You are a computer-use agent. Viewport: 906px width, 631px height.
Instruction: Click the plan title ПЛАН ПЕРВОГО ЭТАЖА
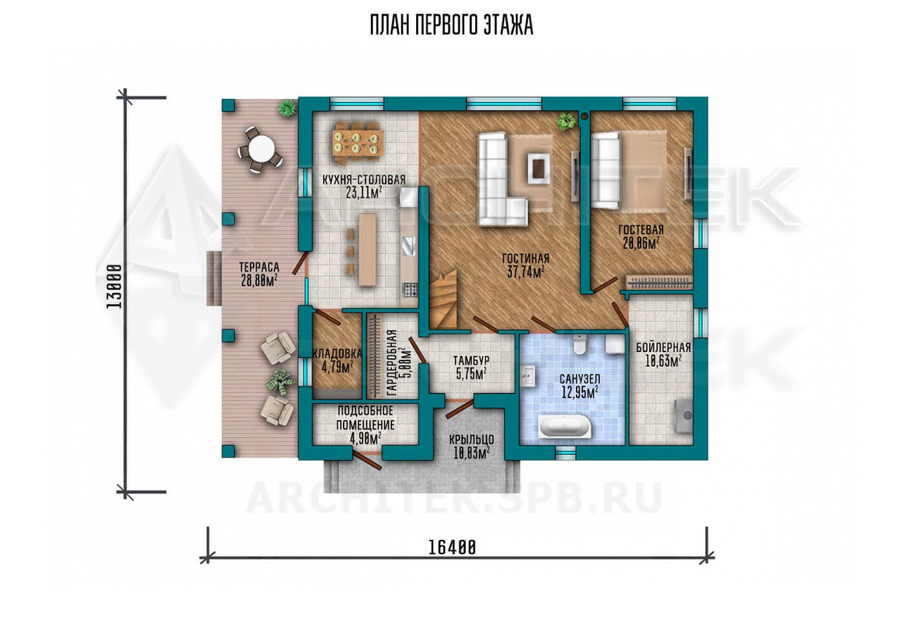click(452, 25)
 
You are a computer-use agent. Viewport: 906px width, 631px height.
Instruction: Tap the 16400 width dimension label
click(452, 548)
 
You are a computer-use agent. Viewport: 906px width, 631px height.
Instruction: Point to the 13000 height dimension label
click(114, 286)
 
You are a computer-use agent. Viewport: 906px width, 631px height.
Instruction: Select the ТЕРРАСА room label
click(259, 267)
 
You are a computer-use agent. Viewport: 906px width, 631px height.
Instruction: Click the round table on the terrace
click(260, 149)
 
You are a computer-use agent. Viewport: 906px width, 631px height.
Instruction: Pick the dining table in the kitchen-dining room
click(358, 142)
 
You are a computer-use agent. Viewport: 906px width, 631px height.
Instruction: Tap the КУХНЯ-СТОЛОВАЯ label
click(364, 180)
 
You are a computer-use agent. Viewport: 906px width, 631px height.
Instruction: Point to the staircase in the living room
click(443, 299)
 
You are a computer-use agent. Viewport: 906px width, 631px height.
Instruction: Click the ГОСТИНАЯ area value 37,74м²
click(525, 272)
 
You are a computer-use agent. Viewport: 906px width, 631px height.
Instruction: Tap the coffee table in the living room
click(538, 167)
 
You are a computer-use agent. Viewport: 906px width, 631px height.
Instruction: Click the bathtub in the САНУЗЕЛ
click(566, 427)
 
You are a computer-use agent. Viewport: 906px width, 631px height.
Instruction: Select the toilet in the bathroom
click(579, 344)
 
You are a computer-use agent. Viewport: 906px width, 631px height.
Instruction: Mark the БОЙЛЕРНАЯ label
click(663, 348)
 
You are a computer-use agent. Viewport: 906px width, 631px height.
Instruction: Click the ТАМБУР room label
click(471, 360)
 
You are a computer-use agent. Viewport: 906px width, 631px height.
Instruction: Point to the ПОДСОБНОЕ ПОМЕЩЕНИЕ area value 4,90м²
click(365, 439)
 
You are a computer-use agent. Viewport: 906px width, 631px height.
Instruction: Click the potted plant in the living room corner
click(565, 121)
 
